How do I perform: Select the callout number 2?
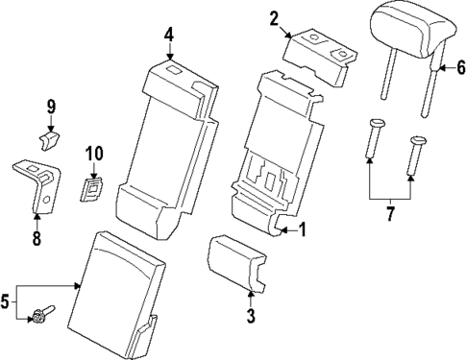pos(274,17)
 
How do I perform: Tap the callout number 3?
pos(250,315)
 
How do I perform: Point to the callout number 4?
pos(168,36)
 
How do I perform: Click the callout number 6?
pos(459,67)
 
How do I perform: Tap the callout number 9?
pos(52,106)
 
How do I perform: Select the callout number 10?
pos(93,153)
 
